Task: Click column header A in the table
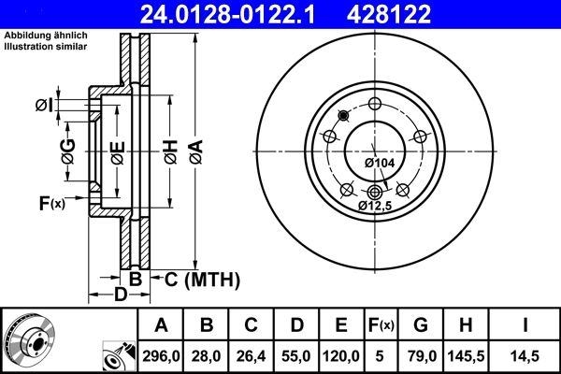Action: (x=160, y=325)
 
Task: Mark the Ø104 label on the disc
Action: (x=379, y=163)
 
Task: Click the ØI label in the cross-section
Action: (x=44, y=104)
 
